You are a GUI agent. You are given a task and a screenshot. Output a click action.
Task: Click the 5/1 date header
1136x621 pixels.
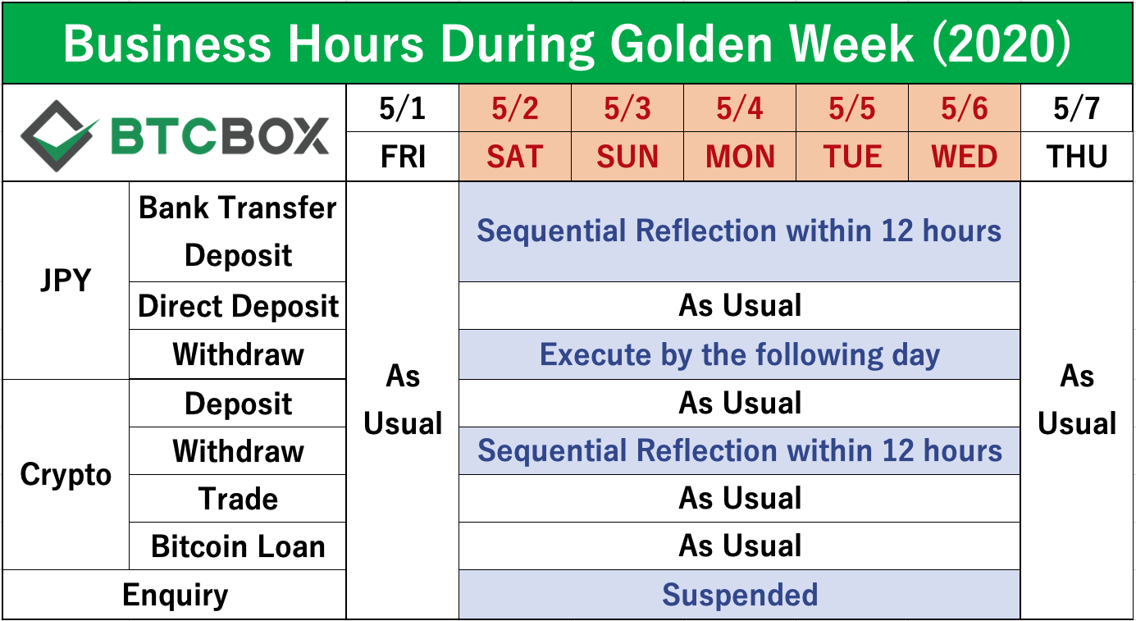coord(402,108)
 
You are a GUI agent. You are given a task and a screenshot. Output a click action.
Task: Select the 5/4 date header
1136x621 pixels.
coord(739,108)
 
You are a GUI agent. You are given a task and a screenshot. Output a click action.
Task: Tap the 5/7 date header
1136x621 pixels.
coord(1076,108)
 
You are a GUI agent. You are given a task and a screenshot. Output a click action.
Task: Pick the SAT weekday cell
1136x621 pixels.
coord(515,156)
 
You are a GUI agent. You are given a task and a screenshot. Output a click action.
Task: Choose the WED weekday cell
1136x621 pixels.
coord(964,156)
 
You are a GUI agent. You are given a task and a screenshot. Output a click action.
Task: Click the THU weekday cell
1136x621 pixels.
coord(1076,156)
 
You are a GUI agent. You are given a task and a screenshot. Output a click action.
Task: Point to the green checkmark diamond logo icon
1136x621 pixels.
coord(58,136)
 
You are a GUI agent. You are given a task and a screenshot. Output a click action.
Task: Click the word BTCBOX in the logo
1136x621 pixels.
coord(220,136)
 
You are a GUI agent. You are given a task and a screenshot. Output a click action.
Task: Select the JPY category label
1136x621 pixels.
coord(66,280)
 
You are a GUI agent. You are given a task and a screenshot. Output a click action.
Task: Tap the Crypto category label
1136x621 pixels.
coord(66,474)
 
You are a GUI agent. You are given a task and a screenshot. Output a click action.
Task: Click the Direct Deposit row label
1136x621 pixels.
coord(238,305)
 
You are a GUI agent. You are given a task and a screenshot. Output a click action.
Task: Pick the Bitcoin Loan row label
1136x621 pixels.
coord(238,546)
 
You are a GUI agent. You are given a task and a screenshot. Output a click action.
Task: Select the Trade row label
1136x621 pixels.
coord(238,498)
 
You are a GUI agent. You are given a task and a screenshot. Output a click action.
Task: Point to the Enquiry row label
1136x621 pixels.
coord(175,595)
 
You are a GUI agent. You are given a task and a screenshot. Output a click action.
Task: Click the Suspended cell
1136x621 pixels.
coord(739,595)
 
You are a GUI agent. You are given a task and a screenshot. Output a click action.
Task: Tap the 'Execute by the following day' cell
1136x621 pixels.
coord(739,354)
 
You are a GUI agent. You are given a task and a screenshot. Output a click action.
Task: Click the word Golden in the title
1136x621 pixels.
coord(691,44)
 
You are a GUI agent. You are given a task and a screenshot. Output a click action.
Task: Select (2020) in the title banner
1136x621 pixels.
coord(1001,44)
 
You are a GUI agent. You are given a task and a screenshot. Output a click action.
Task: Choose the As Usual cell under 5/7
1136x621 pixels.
coord(1076,400)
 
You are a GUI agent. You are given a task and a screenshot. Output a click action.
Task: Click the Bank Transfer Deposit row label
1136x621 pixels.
coord(238,231)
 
